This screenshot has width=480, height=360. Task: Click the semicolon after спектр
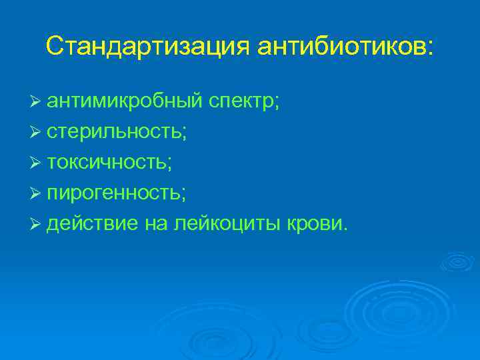pyautogui.click(x=277, y=104)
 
